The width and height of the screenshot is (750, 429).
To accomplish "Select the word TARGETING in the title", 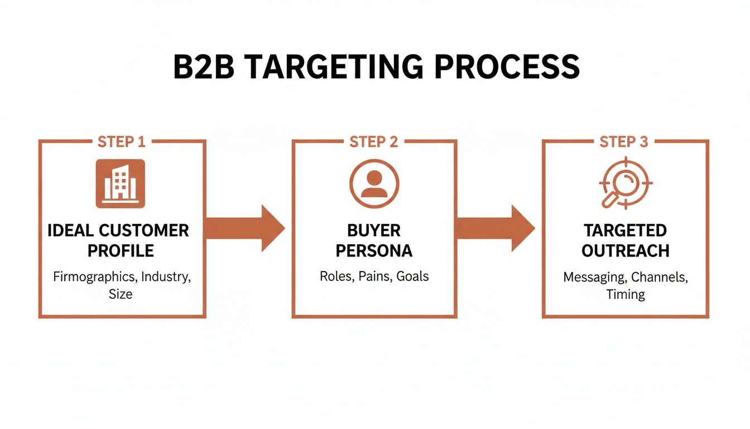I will click(x=332, y=67).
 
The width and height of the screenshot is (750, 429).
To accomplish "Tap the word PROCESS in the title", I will click(x=506, y=67).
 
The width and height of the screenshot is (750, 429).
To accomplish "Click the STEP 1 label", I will click(x=121, y=142).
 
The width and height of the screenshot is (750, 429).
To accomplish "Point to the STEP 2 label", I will click(x=374, y=142).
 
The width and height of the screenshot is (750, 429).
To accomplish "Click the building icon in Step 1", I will click(x=121, y=184).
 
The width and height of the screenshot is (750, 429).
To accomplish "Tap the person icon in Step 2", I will click(x=374, y=184).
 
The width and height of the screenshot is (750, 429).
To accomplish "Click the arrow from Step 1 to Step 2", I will click(x=246, y=228).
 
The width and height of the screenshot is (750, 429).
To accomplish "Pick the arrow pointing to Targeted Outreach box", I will click(x=496, y=228).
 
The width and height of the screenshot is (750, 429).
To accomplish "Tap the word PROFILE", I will click(x=121, y=251).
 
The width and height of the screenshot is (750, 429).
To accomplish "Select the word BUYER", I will click(x=374, y=230).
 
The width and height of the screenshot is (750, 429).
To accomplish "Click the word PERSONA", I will click(x=374, y=251).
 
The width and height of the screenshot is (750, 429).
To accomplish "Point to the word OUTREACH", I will click(x=625, y=251).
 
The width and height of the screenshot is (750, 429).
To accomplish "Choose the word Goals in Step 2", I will click(x=412, y=276).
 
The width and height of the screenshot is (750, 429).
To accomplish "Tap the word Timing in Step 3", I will click(x=625, y=294).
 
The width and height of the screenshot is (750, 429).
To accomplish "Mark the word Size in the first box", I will click(x=121, y=294).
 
